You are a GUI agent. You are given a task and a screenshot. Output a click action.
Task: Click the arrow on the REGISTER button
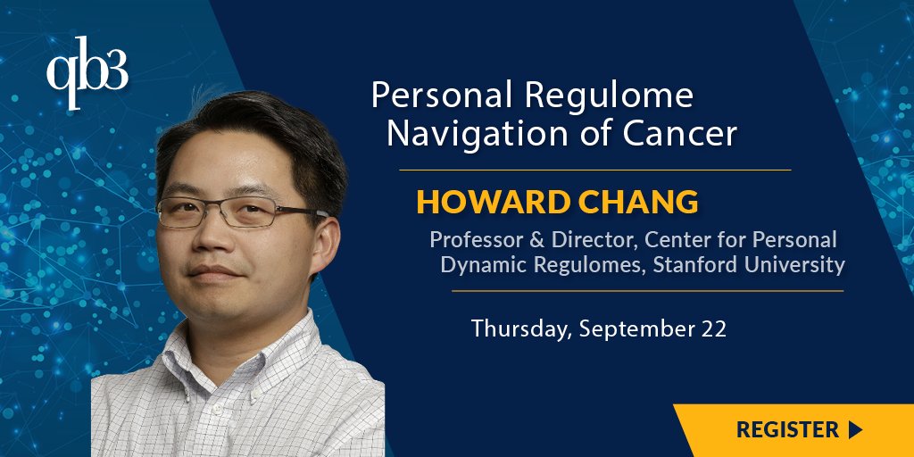pyautogui.click(x=855, y=429)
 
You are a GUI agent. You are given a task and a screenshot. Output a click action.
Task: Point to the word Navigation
pyautogui.click(x=463, y=134)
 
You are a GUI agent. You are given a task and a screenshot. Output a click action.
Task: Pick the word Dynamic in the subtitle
pyautogui.click(x=483, y=265)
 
